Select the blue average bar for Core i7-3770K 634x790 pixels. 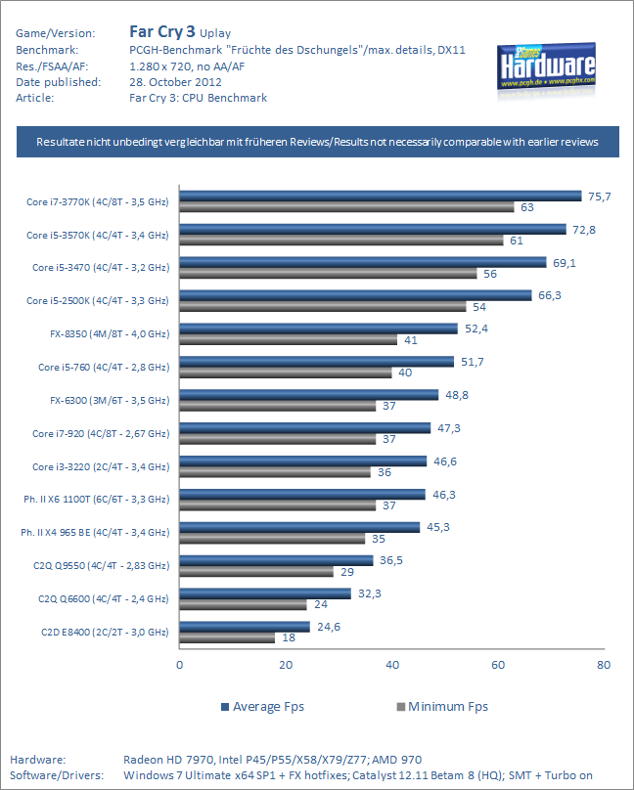380,197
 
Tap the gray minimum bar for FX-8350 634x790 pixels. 289,339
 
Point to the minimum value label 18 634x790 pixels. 289,637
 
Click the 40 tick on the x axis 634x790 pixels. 392,665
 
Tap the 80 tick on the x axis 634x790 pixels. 604,665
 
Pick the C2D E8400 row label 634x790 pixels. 105,633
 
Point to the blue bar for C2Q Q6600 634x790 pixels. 265,593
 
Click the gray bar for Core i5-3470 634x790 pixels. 328,273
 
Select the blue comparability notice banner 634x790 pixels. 317,142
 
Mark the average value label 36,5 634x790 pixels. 391,560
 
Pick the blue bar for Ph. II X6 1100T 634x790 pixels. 302,494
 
